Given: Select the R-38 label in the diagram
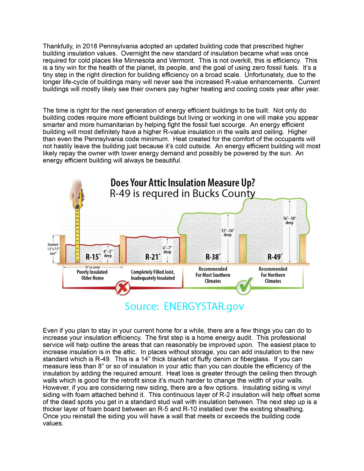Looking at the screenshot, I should click(x=213, y=257).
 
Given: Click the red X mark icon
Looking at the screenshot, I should click(x=123, y=288).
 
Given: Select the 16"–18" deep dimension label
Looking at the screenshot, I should click(x=289, y=221).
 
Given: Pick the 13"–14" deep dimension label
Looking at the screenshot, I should click(x=227, y=233).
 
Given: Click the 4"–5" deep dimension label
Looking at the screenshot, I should click(x=108, y=254).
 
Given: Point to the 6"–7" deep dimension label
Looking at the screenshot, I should click(x=167, y=250).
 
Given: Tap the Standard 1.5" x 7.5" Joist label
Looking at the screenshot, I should click(x=53, y=249).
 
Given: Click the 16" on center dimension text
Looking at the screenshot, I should click(x=92, y=267).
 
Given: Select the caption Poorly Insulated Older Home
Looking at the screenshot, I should click(x=92, y=275).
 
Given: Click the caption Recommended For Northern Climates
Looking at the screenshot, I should click(x=273, y=275).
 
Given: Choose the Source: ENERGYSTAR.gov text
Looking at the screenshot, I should click(x=184, y=306).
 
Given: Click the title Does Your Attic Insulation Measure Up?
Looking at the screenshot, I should click(x=182, y=183).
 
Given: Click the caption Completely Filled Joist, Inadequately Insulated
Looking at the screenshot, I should click(x=153, y=275).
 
